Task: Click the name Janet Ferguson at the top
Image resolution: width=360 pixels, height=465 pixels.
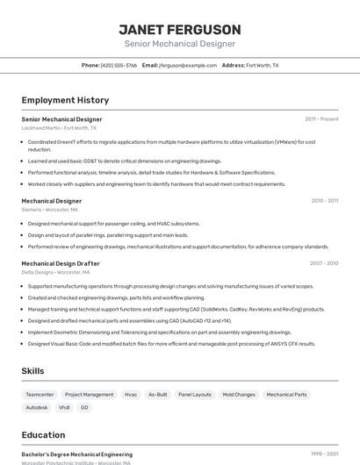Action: (x=180, y=29)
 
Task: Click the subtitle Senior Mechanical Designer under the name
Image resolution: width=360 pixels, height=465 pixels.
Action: (x=180, y=44)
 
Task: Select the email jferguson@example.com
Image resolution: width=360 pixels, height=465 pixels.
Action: (x=188, y=66)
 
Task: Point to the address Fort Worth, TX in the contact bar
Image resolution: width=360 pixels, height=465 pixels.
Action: (x=262, y=66)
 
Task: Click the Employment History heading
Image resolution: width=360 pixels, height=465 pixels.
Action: (x=65, y=100)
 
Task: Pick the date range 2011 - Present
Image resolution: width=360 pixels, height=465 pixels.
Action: (x=321, y=118)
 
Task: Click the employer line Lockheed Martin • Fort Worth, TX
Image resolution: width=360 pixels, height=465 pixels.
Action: (x=59, y=128)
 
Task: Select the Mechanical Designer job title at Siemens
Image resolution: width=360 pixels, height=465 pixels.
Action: (x=52, y=201)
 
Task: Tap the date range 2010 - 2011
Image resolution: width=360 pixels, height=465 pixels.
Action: (x=325, y=201)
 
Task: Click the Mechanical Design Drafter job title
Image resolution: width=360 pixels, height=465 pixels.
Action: (x=61, y=263)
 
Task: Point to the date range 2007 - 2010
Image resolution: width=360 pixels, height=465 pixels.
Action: (x=324, y=263)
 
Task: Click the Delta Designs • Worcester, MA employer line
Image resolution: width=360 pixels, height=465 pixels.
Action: (x=55, y=272)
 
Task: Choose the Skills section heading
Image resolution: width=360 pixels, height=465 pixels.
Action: (x=33, y=371)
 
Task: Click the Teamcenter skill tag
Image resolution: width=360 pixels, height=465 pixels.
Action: (x=40, y=395)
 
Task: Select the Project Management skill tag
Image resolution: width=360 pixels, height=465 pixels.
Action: (x=90, y=395)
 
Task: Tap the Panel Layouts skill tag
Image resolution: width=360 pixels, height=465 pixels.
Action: (x=195, y=395)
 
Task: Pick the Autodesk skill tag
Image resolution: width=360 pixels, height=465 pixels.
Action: (x=37, y=407)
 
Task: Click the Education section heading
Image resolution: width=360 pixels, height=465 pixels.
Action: (x=43, y=435)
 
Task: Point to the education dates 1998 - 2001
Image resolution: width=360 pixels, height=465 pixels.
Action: (x=324, y=454)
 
